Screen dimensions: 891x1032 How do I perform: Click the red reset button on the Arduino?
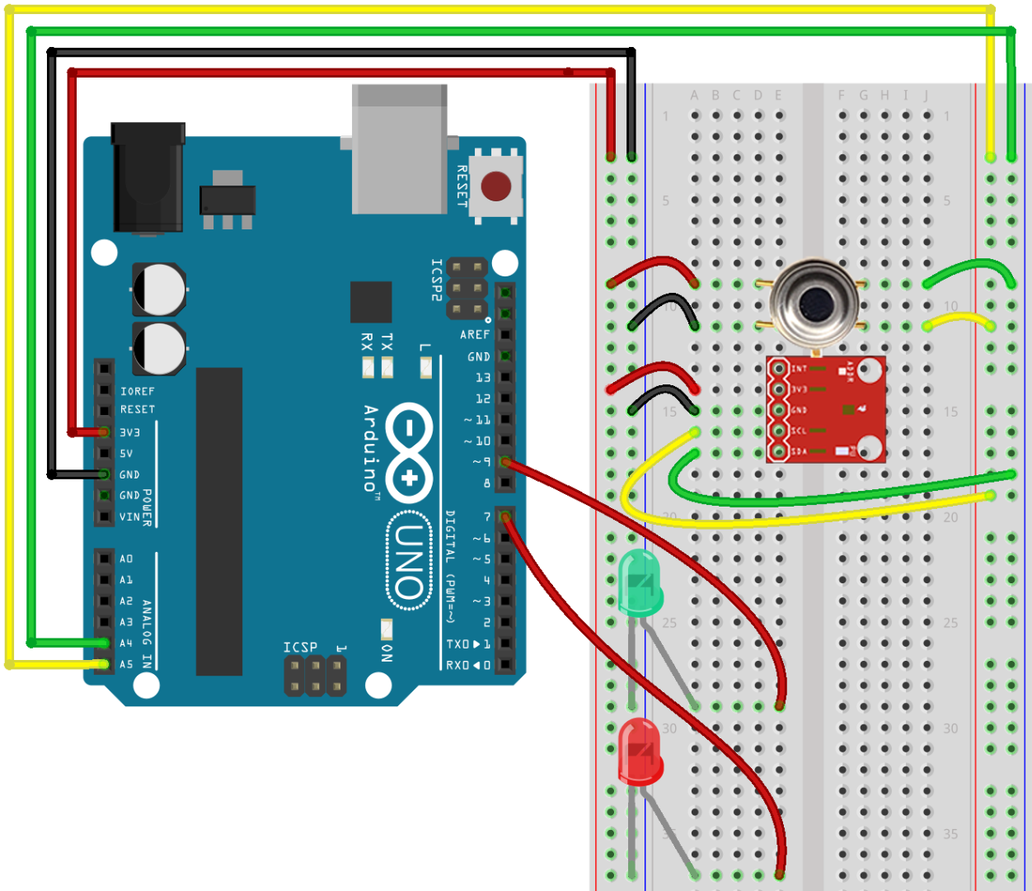(x=495, y=186)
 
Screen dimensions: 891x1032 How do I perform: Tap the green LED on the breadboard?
(x=640, y=582)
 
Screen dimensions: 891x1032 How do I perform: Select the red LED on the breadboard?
(x=640, y=751)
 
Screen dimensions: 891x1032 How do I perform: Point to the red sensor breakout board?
(x=826, y=409)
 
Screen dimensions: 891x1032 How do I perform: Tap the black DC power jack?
(x=148, y=177)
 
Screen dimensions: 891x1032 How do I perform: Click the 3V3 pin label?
(x=130, y=432)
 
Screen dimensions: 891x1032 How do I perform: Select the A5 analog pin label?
(x=126, y=664)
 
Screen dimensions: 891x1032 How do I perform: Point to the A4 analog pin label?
(x=126, y=643)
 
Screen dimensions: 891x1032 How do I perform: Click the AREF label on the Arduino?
(x=475, y=334)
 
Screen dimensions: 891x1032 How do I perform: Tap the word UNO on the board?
(x=409, y=561)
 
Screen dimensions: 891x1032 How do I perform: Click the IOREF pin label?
(x=138, y=391)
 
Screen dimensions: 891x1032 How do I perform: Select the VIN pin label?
(x=129, y=517)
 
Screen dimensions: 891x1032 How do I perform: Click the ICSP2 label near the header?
(x=437, y=280)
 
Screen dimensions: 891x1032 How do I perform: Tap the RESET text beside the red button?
(x=462, y=186)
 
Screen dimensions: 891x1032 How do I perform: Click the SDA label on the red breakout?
(x=799, y=451)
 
